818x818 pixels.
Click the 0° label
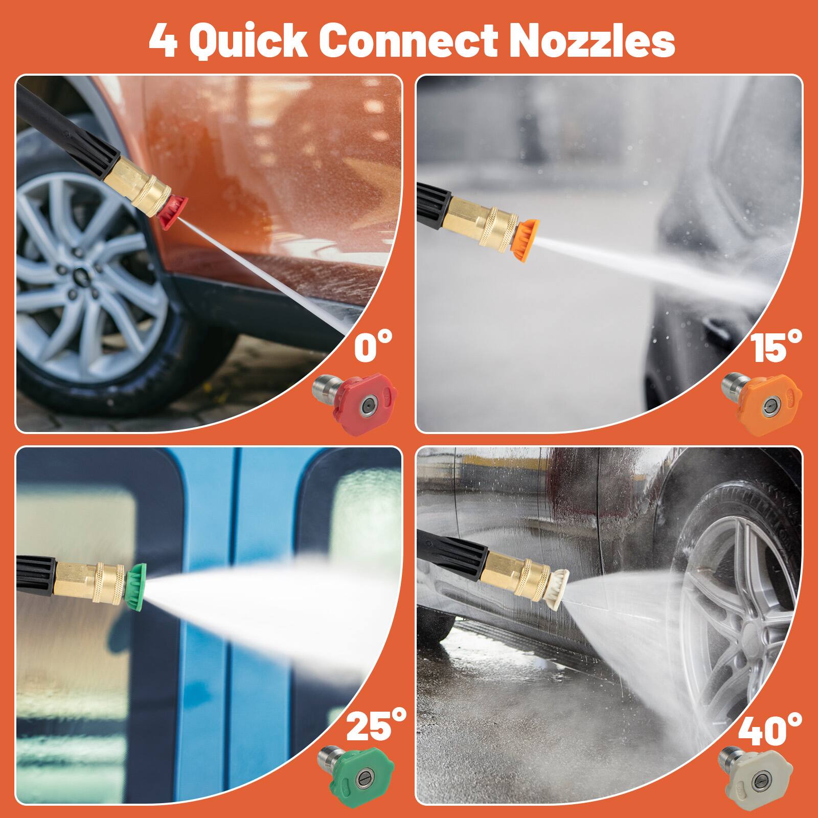click(373, 348)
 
